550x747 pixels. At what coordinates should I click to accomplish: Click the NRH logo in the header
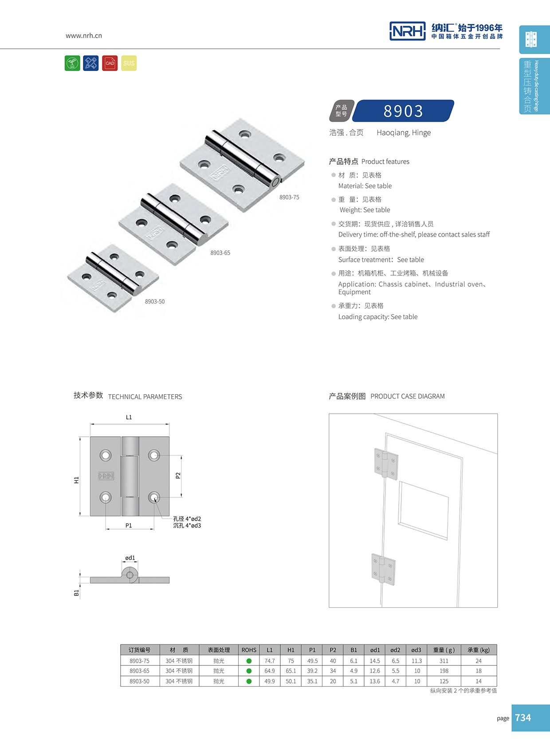407,31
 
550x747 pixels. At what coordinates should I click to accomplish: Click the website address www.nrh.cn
84,36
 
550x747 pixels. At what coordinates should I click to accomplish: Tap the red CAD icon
110,63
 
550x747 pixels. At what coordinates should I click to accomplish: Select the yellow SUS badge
129,63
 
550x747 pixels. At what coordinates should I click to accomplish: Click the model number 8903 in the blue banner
403,111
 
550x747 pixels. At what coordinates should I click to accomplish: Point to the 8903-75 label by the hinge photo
289,197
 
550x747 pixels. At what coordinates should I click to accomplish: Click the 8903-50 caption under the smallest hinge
155,301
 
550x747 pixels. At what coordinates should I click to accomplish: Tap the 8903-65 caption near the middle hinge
220,253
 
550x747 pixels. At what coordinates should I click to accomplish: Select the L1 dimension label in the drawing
129,417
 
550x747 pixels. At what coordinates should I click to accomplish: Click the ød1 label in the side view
130,558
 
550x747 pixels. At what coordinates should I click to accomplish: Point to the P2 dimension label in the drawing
178,475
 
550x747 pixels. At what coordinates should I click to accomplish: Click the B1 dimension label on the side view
76,593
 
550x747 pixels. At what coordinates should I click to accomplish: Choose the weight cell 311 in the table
444,661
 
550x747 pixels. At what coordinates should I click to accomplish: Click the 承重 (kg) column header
479,650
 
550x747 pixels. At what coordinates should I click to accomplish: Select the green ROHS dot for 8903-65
249,671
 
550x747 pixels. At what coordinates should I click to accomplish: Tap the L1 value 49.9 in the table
270,681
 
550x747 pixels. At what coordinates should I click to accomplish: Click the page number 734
523,718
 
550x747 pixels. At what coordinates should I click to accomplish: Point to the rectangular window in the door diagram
423,510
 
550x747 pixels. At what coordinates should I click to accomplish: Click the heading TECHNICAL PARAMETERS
145,397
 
